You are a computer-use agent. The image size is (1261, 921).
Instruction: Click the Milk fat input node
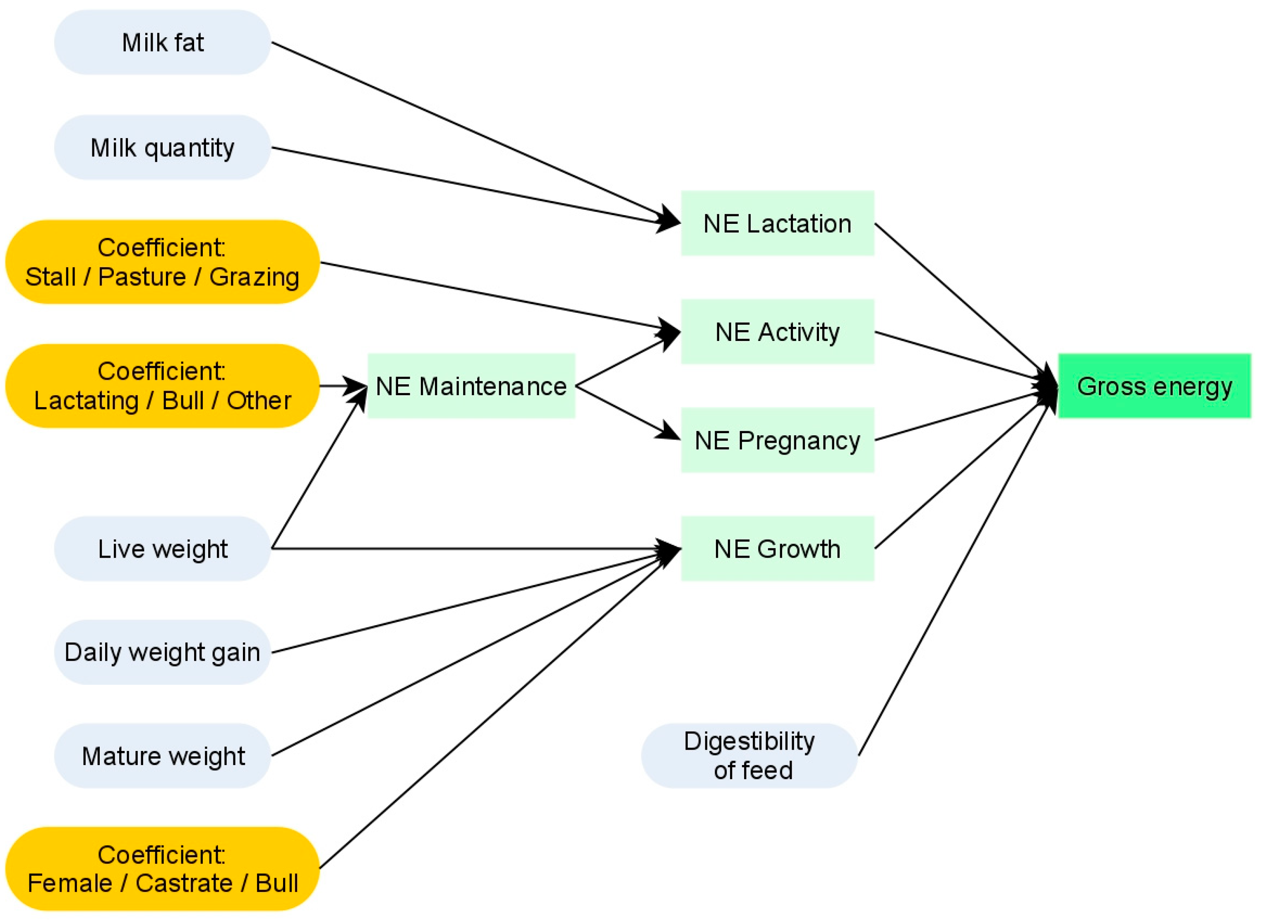162,42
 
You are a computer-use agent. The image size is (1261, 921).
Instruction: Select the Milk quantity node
162,148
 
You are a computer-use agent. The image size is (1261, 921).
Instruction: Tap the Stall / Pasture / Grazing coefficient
162,262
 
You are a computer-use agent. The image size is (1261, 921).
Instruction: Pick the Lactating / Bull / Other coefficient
162,386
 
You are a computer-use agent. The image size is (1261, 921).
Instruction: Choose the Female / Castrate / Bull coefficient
162,868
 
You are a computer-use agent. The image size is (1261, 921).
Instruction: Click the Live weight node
162,549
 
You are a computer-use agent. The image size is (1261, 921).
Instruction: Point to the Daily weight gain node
162,652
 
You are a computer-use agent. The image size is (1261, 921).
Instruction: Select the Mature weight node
162,756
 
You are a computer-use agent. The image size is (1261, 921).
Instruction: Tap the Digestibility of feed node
749,756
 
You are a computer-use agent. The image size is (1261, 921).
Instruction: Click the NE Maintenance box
471,386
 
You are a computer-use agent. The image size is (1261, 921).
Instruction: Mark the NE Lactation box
778,223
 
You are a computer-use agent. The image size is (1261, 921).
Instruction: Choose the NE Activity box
778,332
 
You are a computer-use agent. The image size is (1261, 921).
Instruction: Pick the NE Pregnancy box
778,440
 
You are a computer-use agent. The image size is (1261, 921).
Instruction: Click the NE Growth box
778,549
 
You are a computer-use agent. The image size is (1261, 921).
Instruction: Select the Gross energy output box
1155,386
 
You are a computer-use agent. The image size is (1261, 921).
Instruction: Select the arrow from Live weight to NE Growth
474,549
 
